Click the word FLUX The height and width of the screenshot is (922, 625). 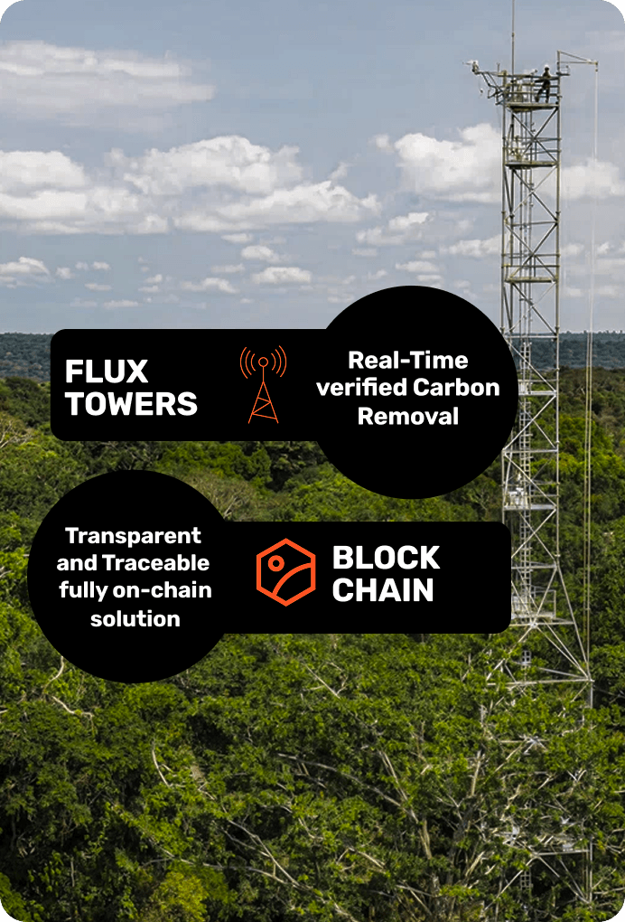click(107, 372)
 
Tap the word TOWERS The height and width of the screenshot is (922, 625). click(131, 404)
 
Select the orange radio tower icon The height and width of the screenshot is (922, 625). click(263, 384)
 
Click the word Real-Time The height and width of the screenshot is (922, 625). click(408, 360)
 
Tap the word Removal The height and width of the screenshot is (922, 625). click(408, 416)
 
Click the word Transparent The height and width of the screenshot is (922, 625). click(134, 535)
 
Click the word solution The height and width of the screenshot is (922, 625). click(135, 619)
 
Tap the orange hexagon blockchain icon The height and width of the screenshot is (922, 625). click(285, 571)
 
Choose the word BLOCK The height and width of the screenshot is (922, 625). click(386, 558)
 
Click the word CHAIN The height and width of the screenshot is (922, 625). click(383, 590)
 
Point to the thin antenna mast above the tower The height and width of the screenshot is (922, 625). click(513, 32)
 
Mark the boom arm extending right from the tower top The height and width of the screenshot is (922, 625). click(578, 60)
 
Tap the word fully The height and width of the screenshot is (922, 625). click(82, 591)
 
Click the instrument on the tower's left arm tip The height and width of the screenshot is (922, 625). click(472, 66)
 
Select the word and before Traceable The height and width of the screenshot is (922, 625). click(76, 563)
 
